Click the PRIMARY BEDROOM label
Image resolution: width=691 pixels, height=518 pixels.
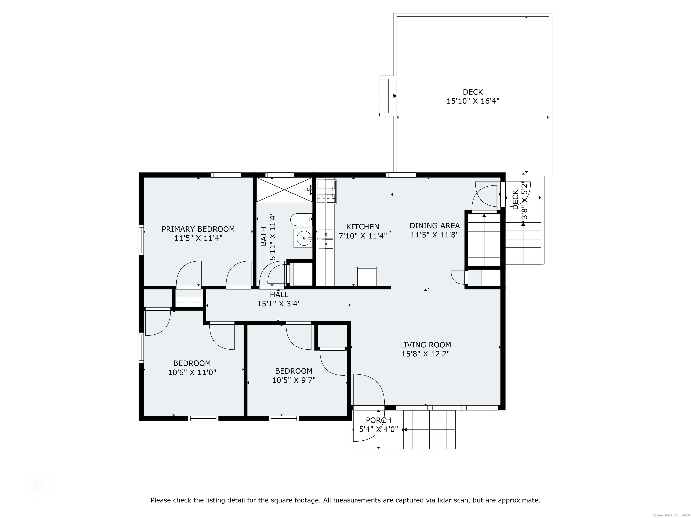198,229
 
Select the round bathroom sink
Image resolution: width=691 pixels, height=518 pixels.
303,238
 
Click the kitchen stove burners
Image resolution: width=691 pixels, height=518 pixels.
326,192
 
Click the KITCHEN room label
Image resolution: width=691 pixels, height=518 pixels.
363,227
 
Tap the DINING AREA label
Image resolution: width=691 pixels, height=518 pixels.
435,226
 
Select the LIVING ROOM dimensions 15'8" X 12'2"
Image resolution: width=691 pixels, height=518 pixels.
426,354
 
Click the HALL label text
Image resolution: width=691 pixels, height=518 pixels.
279,295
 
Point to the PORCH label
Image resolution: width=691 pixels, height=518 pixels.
378,420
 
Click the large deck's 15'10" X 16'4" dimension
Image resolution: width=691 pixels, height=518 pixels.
473,101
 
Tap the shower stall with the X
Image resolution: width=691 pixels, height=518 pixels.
284,190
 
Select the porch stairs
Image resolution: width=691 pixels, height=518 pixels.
430,429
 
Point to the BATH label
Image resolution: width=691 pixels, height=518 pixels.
263,236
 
